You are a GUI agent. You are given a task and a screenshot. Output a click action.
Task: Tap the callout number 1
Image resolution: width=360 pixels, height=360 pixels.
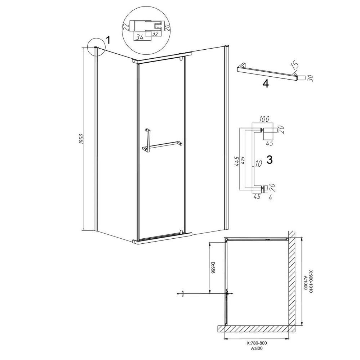[108, 40]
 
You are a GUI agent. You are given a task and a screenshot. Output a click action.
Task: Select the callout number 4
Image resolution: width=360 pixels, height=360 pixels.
[266, 84]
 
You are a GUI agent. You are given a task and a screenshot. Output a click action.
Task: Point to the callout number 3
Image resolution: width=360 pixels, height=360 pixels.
[270, 159]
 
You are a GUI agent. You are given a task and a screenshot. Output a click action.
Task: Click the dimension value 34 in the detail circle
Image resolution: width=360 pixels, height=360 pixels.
[140, 37]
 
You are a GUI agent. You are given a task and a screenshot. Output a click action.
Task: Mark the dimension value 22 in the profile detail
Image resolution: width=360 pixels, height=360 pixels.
[126, 27]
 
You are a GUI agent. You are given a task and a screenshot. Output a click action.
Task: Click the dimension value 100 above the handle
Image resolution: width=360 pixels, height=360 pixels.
[264, 119]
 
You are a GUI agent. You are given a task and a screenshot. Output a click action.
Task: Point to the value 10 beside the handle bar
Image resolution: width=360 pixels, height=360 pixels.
[258, 163]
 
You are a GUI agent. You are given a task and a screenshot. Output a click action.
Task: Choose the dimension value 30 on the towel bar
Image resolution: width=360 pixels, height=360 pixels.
[311, 78]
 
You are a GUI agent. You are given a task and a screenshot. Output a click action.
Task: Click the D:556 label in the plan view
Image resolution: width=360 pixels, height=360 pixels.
[213, 268]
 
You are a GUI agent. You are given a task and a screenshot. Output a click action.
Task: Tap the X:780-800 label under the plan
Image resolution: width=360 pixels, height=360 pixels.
[256, 343]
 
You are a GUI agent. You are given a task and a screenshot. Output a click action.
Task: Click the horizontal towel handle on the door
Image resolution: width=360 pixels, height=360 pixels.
[162, 145]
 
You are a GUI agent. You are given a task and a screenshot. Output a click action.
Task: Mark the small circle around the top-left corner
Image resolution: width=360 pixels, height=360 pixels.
[96, 47]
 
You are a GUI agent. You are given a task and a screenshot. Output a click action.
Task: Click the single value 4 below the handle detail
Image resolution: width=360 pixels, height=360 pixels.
[270, 197]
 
